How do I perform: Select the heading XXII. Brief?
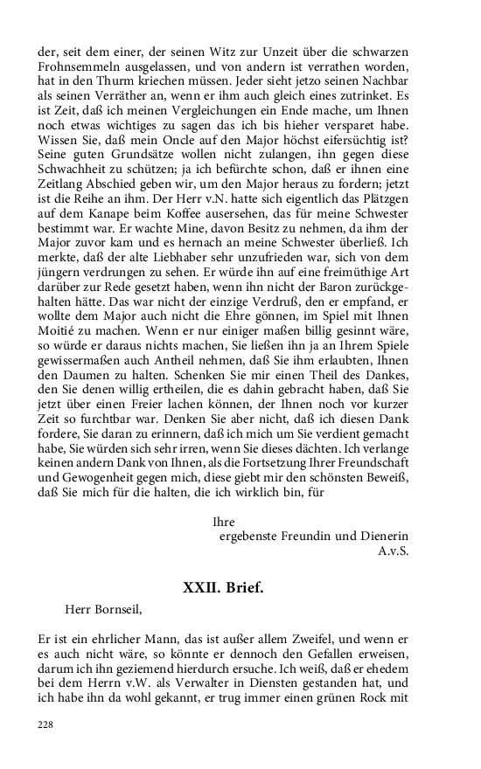pos(222,587)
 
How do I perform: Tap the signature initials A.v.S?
pos(394,551)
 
